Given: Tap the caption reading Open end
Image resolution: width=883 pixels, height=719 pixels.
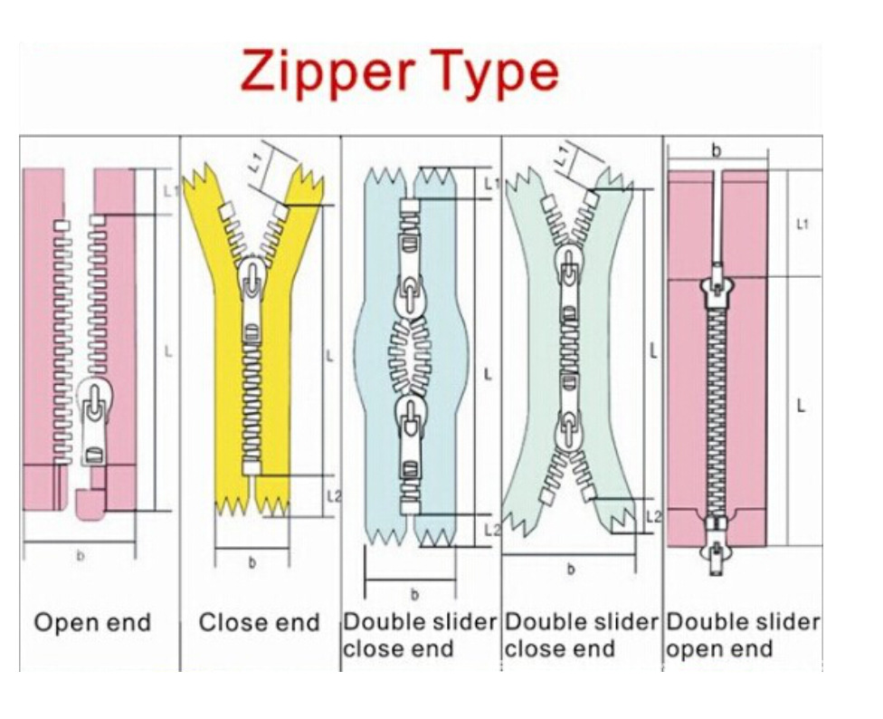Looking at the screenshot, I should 92,623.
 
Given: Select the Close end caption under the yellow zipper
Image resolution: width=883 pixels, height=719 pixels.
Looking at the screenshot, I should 260,623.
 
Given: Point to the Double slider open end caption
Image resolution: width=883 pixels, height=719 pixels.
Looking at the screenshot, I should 743,636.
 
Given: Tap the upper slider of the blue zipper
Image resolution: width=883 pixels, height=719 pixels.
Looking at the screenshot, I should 409,294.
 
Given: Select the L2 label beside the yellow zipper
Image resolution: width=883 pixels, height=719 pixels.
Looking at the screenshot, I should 334,496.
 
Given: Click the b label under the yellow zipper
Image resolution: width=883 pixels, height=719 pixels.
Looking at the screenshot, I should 252,563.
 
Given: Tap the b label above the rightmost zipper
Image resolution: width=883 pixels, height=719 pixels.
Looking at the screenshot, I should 716,151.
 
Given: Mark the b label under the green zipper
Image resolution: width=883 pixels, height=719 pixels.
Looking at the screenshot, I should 570,570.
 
